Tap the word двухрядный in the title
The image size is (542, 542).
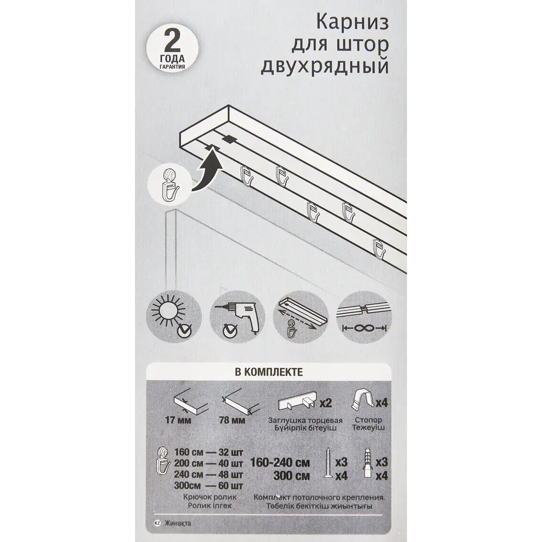325,66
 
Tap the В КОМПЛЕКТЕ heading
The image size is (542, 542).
268,372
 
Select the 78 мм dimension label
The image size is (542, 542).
234,419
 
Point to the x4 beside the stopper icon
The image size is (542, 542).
382,403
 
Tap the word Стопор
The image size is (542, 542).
369,420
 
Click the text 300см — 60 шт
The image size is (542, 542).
209,484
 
